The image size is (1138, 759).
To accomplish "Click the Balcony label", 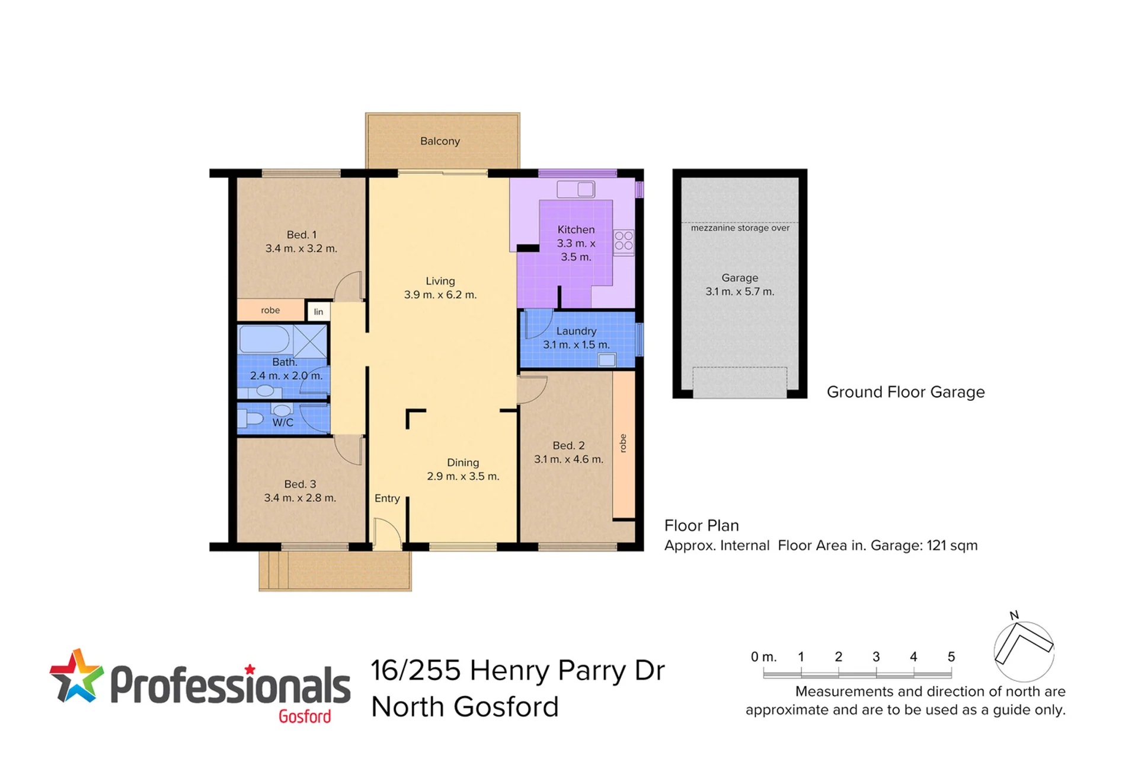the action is (x=440, y=141).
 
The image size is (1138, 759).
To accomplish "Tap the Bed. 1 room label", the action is (x=301, y=235).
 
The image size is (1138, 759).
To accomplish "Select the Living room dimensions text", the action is (x=440, y=295).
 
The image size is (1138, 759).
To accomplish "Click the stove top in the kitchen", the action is (x=624, y=242).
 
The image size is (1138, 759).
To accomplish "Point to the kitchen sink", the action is (x=576, y=189).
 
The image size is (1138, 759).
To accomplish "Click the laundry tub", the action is (x=607, y=359).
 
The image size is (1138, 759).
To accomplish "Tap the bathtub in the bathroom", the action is (x=264, y=340).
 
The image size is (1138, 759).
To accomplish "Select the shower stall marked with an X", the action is (x=310, y=342).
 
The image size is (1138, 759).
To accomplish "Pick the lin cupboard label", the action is (x=319, y=312).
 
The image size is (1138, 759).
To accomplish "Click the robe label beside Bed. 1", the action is (x=270, y=310).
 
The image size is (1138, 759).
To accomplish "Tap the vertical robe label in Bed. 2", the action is (x=623, y=443).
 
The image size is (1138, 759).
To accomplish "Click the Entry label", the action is (x=387, y=499).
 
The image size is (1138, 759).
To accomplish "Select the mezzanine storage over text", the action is (x=740, y=228).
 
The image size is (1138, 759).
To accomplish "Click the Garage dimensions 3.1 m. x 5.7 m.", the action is (x=740, y=292).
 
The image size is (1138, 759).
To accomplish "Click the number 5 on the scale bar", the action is (x=951, y=656).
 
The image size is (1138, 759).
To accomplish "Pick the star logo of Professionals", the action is (x=76, y=677).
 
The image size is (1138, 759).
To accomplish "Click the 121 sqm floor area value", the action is (x=952, y=546).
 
